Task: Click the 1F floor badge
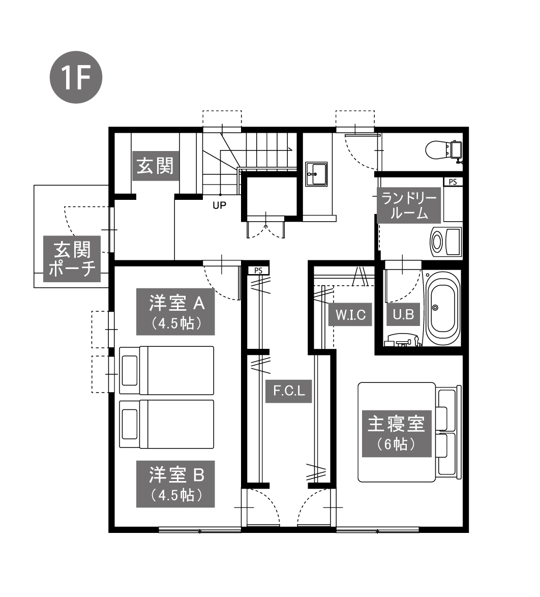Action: click(x=76, y=77)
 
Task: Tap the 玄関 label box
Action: click(x=156, y=166)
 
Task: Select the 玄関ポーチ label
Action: click(x=72, y=259)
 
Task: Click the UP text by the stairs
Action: click(x=219, y=205)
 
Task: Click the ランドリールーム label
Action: click(x=409, y=205)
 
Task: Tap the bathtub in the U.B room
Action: click(x=442, y=308)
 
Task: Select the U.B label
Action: click(x=403, y=314)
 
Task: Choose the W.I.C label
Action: click(x=350, y=314)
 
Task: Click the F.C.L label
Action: click(x=289, y=391)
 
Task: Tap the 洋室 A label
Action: click(x=175, y=311)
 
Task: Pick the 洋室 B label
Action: click(x=175, y=484)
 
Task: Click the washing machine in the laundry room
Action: click(x=446, y=242)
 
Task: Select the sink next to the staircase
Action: click(x=316, y=174)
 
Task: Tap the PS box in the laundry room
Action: click(x=453, y=182)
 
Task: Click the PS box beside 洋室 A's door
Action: click(x=258, y=271)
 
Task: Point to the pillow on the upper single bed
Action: click(x=130, y=370)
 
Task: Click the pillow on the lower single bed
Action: click(x=130, y=424)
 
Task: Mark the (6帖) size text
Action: click(x=397, y=444)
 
